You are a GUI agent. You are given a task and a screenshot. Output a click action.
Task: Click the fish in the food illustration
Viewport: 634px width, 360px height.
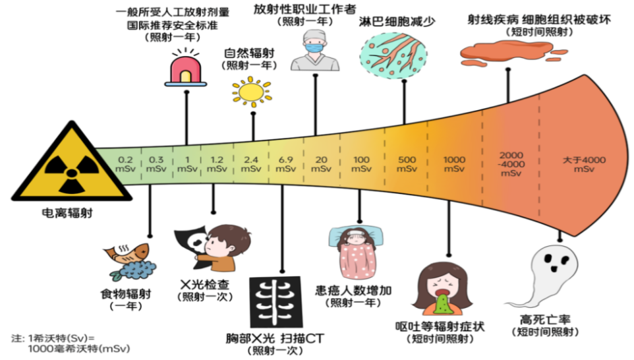(x=129, y=254)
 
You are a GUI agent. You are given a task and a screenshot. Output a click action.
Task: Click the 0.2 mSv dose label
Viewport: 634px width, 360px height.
(x=125, y=164)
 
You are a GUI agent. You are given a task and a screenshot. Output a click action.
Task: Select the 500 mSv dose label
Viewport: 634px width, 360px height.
(x=407, y=164)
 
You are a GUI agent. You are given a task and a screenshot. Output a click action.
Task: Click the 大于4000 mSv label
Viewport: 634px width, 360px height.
(x=584, y=164)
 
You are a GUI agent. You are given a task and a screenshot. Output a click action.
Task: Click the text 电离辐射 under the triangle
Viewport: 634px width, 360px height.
(x=55, y=215)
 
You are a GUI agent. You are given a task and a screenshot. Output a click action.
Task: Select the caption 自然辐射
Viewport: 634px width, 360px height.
(x=250, y=53)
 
